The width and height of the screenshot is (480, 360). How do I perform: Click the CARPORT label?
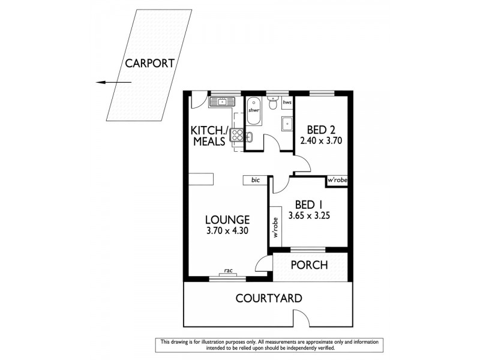(149, 62)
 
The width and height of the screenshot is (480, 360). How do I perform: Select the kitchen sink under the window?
(219, 103)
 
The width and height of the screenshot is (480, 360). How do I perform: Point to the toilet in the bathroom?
(273, 106)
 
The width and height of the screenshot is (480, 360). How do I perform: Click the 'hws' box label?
(287, 103)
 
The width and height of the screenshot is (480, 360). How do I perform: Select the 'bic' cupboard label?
(255, 179)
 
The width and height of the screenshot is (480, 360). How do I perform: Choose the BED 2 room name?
(320, 130)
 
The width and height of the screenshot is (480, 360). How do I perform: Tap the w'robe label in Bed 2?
(337, 179)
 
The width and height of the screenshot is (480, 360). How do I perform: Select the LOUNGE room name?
(226, 220)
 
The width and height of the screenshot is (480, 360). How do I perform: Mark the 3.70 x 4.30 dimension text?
(226, 232)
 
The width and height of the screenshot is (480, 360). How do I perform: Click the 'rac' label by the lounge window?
(228, 270)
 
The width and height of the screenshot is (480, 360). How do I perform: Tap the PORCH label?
(309, 265)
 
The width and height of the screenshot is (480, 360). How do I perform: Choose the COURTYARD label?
(268, 298)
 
